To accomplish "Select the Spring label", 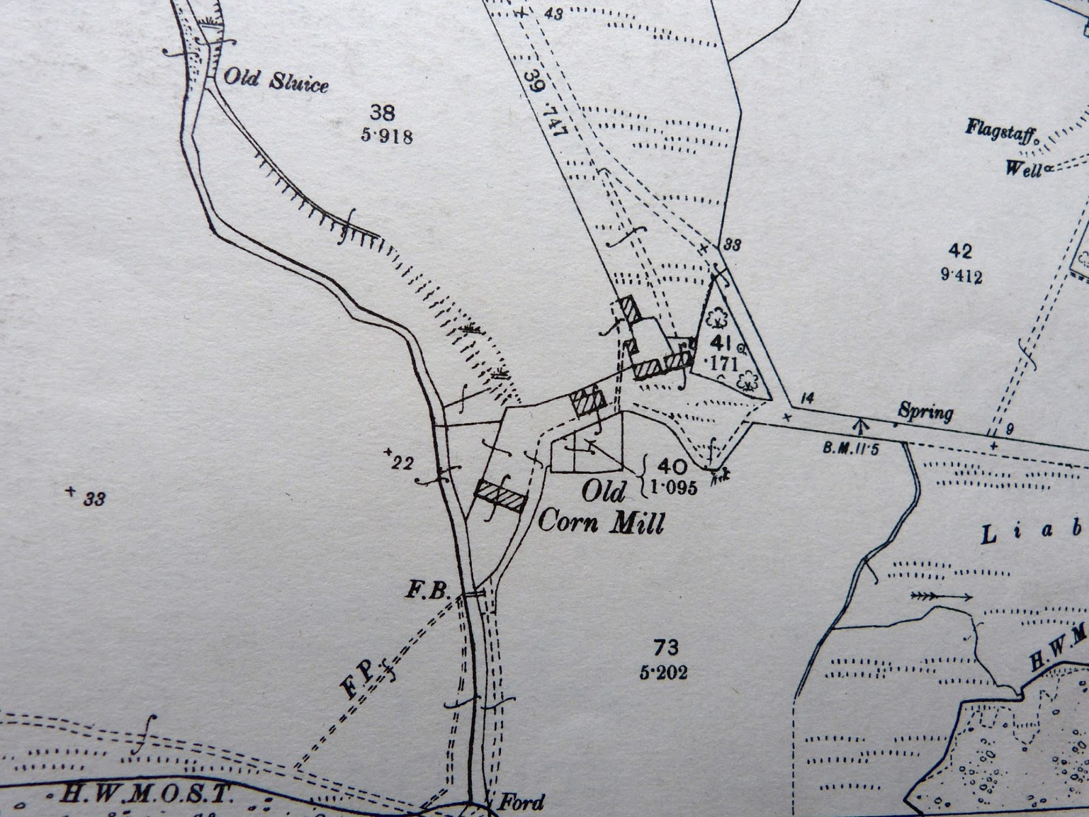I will click(925, 411).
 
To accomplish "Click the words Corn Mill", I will click(600, 522).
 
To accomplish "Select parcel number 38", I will click(383, 112).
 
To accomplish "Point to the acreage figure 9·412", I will click(962, 276).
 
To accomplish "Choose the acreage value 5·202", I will click(664, 673).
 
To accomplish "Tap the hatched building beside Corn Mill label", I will click(501, 496).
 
